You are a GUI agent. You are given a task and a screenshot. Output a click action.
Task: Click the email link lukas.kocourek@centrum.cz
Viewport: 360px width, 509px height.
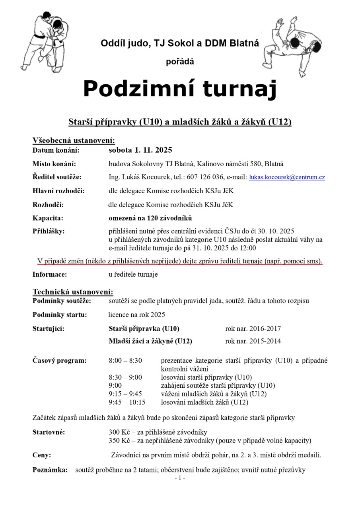coord(287,177)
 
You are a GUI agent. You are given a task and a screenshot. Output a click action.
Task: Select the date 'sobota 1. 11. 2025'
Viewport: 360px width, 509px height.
coord(140,150)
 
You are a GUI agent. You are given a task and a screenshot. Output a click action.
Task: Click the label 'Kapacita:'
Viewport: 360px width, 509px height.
coord(48,218)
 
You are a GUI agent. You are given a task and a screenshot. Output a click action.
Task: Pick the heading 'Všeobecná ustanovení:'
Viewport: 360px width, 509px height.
coord(74,140)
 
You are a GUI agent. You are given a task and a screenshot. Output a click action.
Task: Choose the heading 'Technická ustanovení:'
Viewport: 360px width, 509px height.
coord(73,291)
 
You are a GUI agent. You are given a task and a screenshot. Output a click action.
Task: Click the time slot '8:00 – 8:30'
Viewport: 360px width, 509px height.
coord(125,361)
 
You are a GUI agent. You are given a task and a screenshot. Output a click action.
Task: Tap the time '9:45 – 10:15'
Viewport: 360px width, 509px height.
coord(127,402)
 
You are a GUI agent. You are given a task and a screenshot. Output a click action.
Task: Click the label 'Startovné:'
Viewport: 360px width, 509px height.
coord(49,432)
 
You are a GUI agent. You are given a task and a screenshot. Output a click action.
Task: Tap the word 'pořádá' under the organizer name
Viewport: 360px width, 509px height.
coord(180,62)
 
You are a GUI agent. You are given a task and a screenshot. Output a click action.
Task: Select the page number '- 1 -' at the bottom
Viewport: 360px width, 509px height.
coord(180,478)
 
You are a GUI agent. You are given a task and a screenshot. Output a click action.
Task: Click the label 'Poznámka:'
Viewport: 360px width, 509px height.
coord(50,470)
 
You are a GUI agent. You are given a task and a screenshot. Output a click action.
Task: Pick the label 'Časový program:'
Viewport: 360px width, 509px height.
coord(59,361)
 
